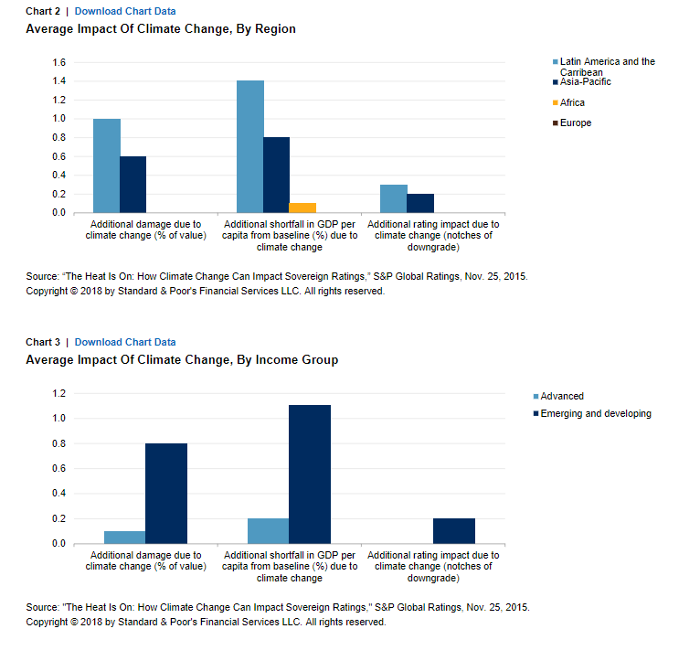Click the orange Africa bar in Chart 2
(302, 208)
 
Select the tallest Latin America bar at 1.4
(250, 146)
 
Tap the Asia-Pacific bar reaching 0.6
(133, 185)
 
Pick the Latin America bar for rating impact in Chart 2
(393, 198)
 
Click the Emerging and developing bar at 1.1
(310, 474)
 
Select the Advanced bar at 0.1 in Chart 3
(124, 538)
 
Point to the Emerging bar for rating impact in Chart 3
(454, 531)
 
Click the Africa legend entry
(568, 102)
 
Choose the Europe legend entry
(572, 123)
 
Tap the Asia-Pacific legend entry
(582, 81)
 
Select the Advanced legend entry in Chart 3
(558, 396)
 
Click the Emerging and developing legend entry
(592, 413)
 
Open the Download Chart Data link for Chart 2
(125, 11)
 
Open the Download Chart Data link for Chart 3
(125, 342)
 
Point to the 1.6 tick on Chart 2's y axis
(58, 62)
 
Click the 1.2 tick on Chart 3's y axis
(58, 394)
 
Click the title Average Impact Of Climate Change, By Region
(161, 29)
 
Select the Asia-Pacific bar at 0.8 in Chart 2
(276, 176)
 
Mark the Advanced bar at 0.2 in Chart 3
(269, 531)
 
